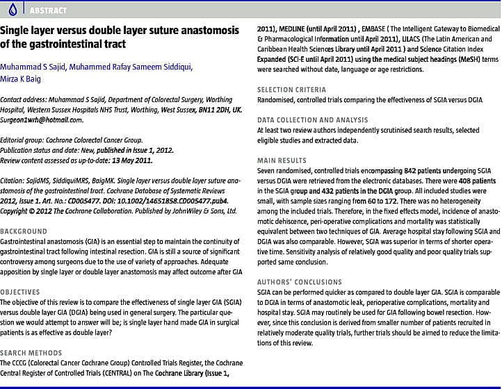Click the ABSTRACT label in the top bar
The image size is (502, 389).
[49, 10]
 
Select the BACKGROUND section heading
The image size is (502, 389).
[24, 231]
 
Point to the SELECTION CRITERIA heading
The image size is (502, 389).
[291, 90]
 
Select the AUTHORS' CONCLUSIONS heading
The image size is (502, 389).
[300, 281]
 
